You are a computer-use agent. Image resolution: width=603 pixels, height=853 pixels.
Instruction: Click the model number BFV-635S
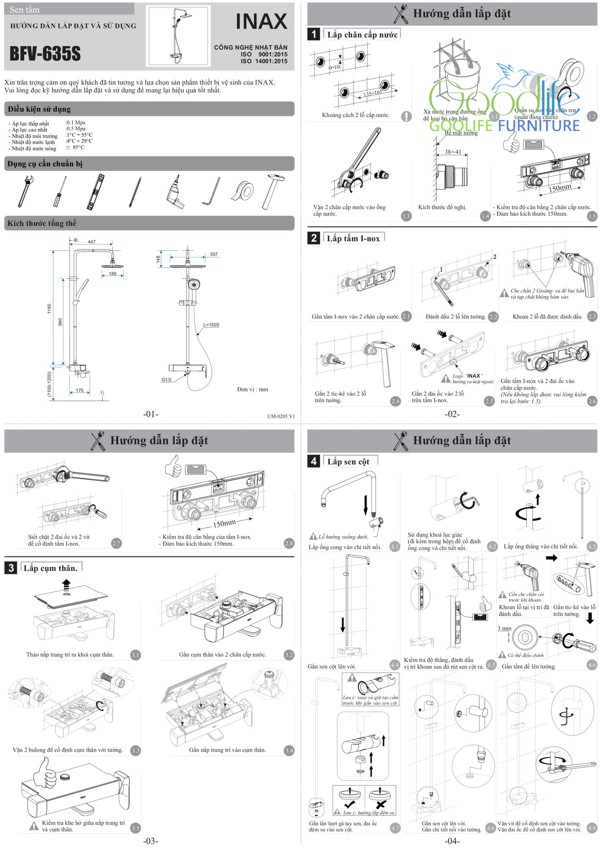(45, 54)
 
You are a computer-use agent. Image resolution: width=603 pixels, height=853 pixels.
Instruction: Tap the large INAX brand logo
(262, 22)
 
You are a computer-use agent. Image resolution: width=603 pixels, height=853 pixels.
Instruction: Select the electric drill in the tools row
(175, 193)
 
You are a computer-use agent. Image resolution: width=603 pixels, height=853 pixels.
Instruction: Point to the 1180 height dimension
(49, 309)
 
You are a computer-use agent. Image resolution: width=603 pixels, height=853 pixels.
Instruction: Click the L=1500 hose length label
(211, 325)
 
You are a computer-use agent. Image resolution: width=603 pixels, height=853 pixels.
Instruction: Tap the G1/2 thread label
(167, 379)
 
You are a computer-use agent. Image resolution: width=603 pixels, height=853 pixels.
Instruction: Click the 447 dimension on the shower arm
(92, 242)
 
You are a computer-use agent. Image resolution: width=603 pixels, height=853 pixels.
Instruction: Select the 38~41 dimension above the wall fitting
(453, 152)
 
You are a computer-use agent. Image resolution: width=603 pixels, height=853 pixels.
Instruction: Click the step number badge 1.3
(406, 216)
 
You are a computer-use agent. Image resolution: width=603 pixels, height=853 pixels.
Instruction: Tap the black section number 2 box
(314, 238)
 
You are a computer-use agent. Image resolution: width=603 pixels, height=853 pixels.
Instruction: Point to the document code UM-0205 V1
(281, 416)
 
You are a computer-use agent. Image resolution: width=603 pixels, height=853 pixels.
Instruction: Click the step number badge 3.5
(135, 828)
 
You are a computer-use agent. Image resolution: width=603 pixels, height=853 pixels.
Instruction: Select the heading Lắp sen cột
(348, 461)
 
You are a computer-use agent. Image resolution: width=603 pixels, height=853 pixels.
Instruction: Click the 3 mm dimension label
(504, 629)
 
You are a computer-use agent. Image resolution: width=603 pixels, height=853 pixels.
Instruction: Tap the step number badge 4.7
(395, 828)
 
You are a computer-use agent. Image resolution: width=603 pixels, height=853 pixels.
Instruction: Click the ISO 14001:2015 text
(264, 61)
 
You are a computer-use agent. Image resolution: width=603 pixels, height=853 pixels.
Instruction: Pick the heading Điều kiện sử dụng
(39, 109)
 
